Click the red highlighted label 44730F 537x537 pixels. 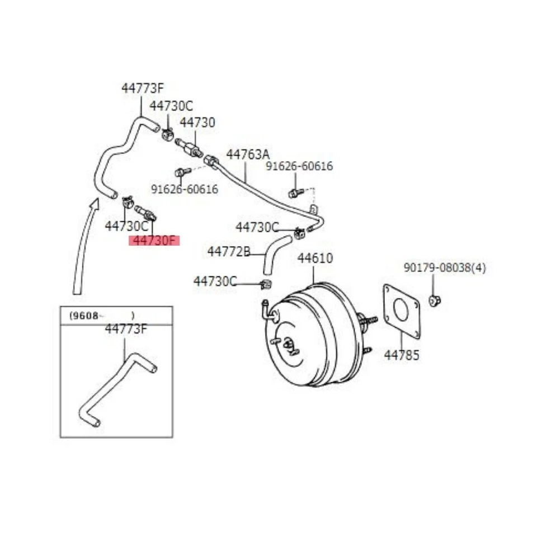point(154,241)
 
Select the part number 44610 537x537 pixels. point(315,258)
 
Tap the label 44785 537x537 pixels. point(401,355)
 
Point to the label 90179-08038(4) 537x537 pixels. point(445,268)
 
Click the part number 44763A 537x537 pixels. point(247,154)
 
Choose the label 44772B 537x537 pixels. point(229,252)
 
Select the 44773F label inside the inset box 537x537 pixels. point(126,329)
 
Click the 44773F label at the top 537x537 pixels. point(143,88)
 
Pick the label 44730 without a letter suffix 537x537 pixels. point(197,123)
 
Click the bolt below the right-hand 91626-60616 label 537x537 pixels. point(293,193)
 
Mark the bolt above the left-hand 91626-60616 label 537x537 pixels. point(180,172)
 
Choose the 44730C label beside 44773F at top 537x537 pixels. point(171,106)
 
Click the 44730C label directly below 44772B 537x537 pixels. point(215,281)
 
